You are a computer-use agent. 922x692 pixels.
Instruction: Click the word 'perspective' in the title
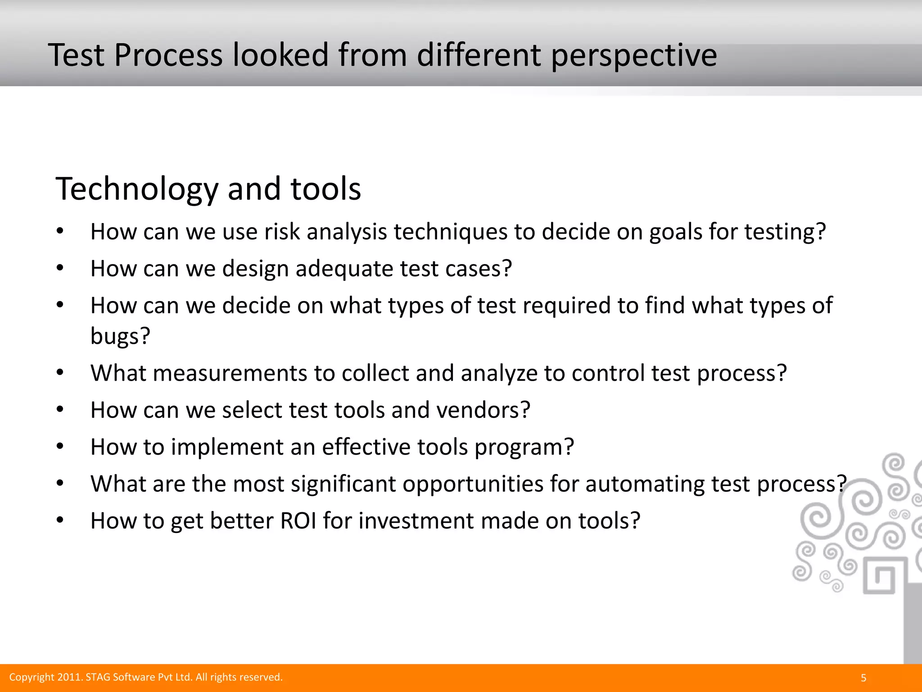[x=633, y=56]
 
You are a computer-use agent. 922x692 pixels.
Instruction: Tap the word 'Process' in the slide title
[x=168, y=55]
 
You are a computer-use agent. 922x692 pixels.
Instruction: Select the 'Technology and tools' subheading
[x=208, y=189]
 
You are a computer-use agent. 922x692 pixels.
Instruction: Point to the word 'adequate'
[x=344, y=269]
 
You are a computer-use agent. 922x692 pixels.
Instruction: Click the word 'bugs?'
[x=120, y=336]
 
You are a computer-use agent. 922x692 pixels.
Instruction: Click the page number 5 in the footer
[x=863, y=678]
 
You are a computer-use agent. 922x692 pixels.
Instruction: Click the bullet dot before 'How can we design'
[x=60, y=269]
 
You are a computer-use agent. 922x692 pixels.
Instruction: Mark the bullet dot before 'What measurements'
[x=60, y=373]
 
